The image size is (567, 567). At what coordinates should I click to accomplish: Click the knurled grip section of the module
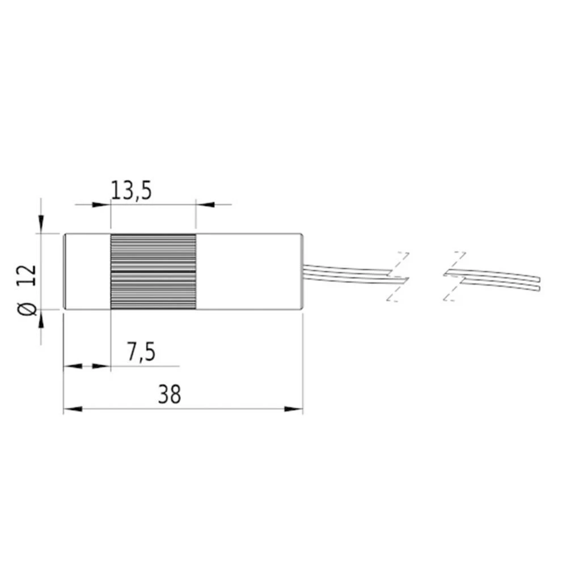[153, 272]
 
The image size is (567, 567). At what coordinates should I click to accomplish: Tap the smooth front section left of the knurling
[87, 272]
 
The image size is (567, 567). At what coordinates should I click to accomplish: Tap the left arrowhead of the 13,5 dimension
[101, 204]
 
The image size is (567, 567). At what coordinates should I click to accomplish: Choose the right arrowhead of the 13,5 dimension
[205, 204]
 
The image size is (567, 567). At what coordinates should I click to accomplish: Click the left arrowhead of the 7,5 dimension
[72, 367]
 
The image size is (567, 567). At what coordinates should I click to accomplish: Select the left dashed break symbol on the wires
[398, 276]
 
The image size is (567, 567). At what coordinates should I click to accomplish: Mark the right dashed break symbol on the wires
[455, 276]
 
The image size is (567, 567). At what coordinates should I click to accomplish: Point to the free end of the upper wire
[539, 279]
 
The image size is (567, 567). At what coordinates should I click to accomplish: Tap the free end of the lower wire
[539, 288]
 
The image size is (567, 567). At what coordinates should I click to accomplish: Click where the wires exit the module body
[304, 272]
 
